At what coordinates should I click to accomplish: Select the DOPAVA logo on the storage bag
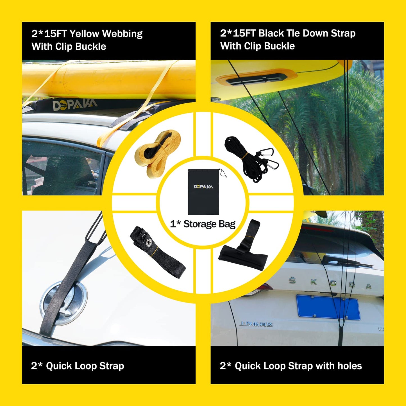point(203,187)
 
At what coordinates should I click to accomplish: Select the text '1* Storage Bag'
point(203,224)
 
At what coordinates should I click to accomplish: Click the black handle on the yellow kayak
point(257,79)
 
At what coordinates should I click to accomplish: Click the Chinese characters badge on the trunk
point(256,324)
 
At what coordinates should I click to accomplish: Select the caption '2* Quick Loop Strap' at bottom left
point(78,366)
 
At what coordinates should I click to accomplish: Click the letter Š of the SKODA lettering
point(292,280)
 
